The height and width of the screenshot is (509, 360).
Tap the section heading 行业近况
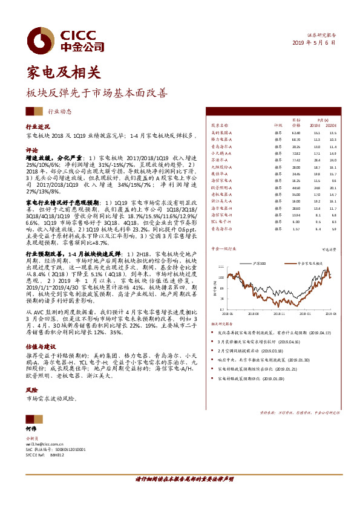[x=37, y=128]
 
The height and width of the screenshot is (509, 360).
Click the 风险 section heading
[x=31, y=391]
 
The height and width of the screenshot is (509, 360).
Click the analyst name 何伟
[x=31, y=428]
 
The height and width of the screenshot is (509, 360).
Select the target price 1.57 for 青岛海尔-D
[x=296, y=229]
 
